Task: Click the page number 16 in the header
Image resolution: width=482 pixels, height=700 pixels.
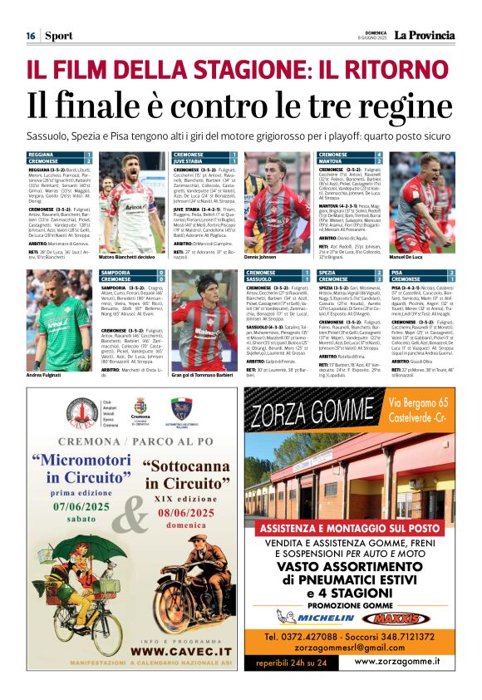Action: click(30, 36)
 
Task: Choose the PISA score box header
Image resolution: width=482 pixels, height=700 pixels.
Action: click(421, 273)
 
